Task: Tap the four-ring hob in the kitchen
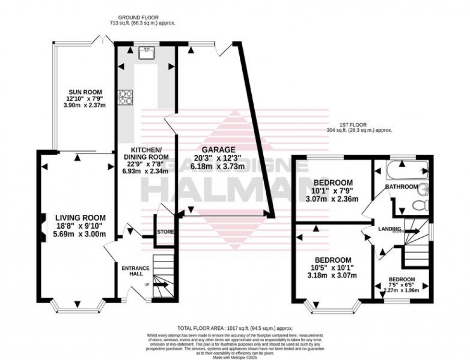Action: (x=126, y=97)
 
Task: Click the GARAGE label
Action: (x=218, y=149)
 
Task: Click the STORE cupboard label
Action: (x=165, y=232)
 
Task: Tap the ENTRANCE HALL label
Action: (x=135, y=271)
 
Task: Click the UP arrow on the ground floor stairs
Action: (x=161, y=284)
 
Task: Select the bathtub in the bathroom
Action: (x=401, y=168)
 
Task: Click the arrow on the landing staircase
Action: (x=412, y=231)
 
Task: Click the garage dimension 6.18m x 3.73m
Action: (x=218, y=165)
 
